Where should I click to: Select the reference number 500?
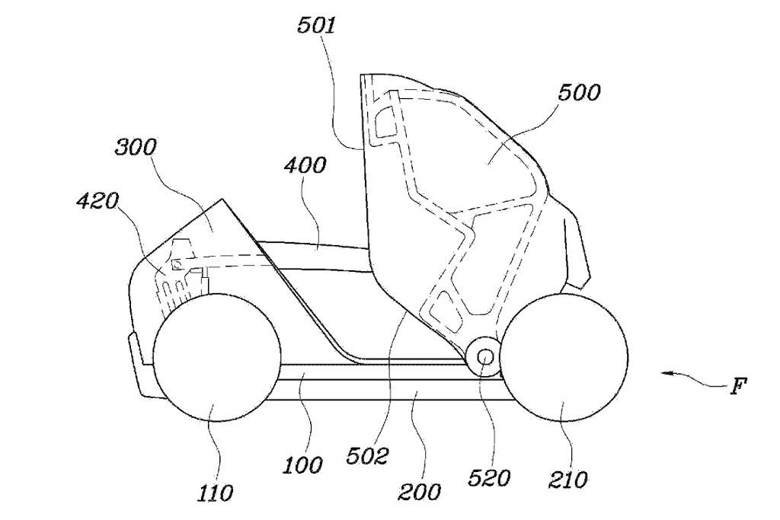point(580,93)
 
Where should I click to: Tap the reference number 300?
point(136,148)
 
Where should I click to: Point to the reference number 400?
point(305,165)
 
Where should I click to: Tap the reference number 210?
point(567,480)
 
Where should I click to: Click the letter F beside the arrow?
point(737,387)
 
